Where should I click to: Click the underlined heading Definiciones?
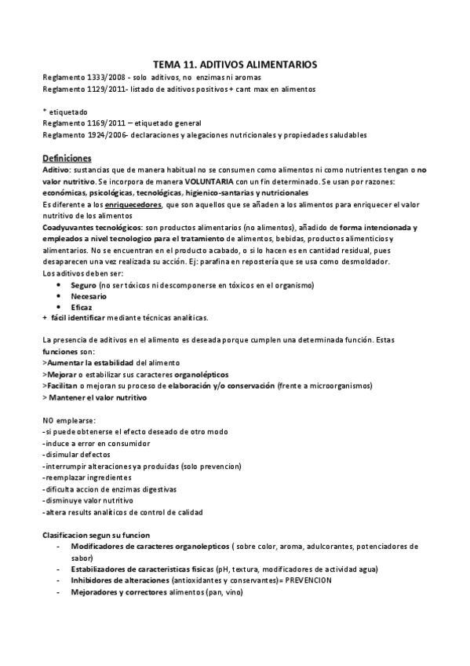(67, 157)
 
